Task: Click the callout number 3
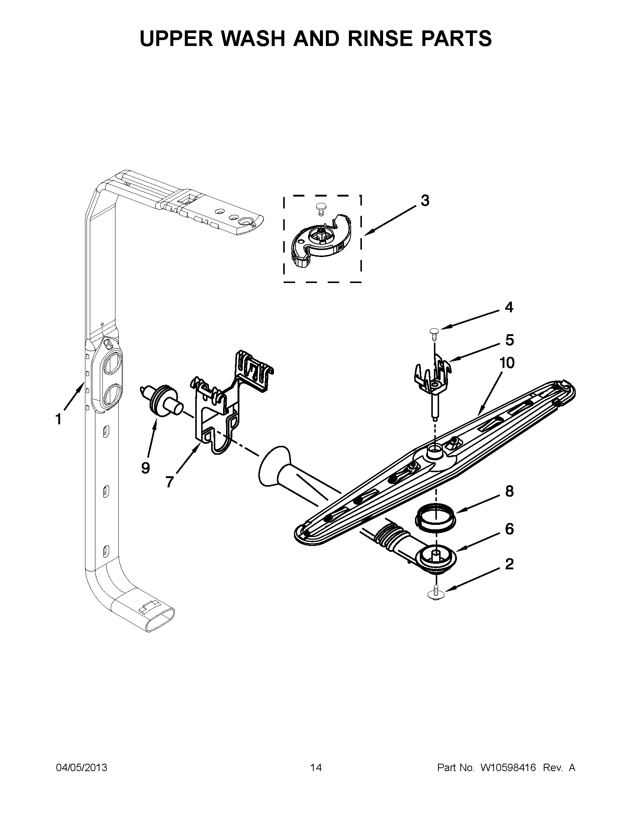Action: tap(425, 201)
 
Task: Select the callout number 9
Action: tap(146, 467)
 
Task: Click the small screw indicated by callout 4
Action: tap(434, 332)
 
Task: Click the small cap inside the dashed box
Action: tap(320, 207)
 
